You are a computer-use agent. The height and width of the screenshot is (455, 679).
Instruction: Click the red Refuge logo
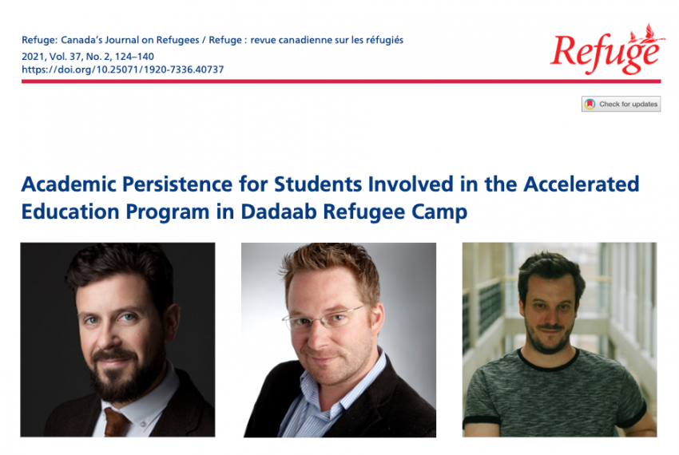(607, 49)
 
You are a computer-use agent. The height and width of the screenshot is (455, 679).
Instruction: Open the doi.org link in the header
(122, 69)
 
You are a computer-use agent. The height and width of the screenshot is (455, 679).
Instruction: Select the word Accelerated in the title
(581, 184)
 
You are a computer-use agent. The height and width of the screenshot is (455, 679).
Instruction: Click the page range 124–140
(134, 57)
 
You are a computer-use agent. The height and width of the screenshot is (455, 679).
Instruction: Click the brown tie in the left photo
(116, 421)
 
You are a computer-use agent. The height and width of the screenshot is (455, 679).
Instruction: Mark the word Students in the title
(318, 184)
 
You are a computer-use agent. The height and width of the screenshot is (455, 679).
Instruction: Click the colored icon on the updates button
(590, 104)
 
